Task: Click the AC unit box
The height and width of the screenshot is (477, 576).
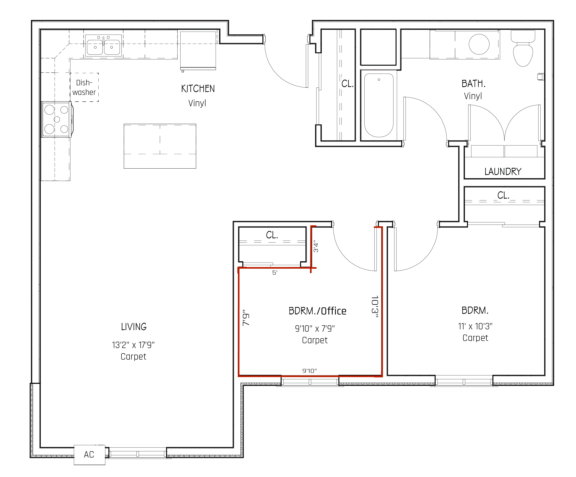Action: [x=89, y=455]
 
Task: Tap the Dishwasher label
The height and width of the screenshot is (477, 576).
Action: [x=84, y=87]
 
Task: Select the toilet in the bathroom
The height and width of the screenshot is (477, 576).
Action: [x=523, y=51]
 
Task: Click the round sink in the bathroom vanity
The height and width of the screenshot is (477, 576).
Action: [x=479, y=44]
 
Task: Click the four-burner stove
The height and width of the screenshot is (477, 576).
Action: [x=57, y=119]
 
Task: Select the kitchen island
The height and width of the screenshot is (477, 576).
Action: [x=160, y=146]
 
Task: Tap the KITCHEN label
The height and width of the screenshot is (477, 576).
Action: [x=198, y=89]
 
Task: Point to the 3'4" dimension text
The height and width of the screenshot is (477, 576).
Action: [x=316, y=246]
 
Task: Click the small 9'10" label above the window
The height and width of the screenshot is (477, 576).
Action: [x=309, y=371]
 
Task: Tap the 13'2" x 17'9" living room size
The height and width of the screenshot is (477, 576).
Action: [x=133, y=345]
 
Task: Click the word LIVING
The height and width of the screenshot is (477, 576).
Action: [x=134, y=327]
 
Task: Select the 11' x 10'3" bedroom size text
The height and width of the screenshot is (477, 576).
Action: [x=475, y=326]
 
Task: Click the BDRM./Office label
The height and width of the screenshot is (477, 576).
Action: [x=317, y=311]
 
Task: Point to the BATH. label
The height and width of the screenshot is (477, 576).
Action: [x=473, y=84]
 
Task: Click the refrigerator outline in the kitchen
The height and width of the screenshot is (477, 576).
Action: [x=198, y=50]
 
